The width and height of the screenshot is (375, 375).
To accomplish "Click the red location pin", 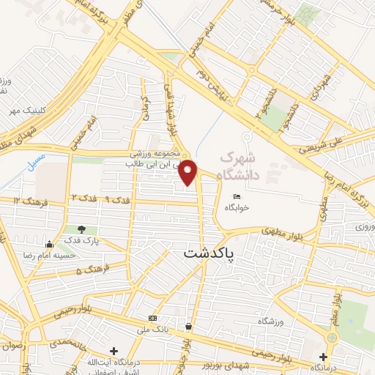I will click(189, 172).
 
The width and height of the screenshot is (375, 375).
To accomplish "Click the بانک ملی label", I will click(152, 329).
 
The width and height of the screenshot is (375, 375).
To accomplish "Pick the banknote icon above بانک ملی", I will click(152, 318).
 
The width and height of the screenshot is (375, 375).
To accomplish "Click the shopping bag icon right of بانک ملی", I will click(189, 327).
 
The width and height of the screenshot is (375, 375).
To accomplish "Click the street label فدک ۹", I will click(116, 199).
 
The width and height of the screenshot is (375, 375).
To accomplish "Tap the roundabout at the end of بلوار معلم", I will click(331, 338).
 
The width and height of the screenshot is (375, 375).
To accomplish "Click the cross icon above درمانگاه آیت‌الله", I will click(114, 351).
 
